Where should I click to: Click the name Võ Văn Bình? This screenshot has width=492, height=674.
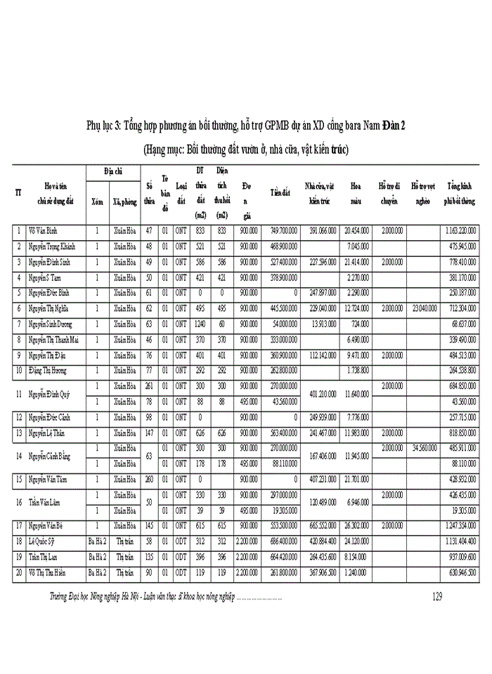click(43, 230)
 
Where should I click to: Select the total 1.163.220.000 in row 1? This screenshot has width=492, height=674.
click(460, 230)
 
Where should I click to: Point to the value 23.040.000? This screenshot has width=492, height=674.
click(425, 308)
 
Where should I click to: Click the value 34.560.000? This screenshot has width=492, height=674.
click(425, 447)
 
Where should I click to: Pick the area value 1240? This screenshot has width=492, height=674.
click(200, 324)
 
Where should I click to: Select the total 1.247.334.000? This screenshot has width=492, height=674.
click(460, 525)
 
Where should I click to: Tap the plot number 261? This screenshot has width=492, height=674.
click(149, 385)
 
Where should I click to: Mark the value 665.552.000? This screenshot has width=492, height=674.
click(320, 525)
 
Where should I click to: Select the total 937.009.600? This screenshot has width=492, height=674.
click(460, 557)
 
